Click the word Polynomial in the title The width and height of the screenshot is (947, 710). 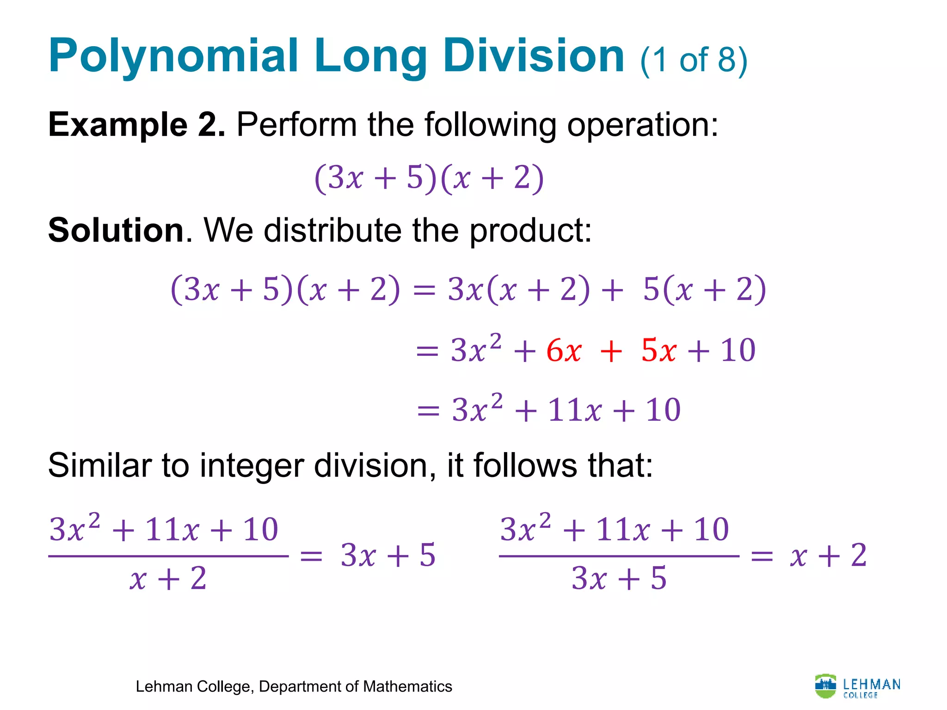[x=173, y=56]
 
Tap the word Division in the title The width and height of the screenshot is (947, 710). [x=534, y=56]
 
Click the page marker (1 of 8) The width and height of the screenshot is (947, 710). [x=694, y=60]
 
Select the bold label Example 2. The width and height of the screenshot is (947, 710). [x=137, y=125]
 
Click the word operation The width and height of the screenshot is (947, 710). [x=643, y=125]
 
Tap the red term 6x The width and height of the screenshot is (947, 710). [x=564, y=350]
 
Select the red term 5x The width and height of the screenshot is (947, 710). [x=659, y=350]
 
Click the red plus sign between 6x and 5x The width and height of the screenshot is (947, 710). [x=611, y=351]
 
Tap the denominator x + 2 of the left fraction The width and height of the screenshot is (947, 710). [x=168, y=578]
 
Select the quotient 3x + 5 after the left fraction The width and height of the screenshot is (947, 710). [x=388, y=555]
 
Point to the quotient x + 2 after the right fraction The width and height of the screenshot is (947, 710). [x=828, y=555]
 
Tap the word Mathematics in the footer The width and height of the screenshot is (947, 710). [x=407, y=686]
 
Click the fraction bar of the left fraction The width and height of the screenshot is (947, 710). [x=168, y=556]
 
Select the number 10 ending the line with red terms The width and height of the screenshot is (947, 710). [x=738, y=350]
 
